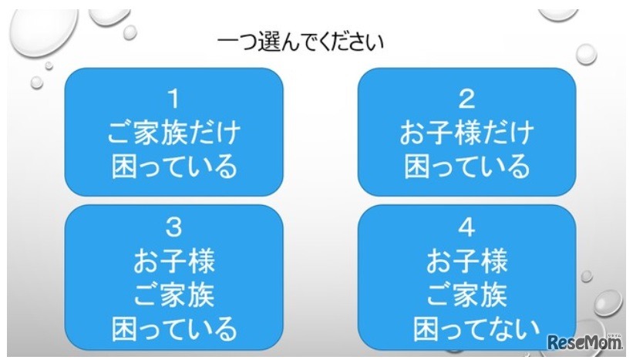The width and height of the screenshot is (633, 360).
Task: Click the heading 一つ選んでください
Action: [300, 41]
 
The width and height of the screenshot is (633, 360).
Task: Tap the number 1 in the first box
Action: [173, 99]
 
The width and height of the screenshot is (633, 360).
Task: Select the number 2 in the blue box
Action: [466, 99]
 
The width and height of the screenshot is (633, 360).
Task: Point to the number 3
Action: [173, 229]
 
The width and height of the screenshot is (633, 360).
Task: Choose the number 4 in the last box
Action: [466, 229]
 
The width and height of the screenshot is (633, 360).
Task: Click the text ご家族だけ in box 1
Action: [173, 133]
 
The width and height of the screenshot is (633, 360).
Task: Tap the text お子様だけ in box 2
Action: [466, 133]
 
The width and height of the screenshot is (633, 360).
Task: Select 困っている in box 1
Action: [173, 166]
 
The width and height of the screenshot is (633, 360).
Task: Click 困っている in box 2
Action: [466, 166]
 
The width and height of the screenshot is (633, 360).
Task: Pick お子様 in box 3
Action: [173, 262]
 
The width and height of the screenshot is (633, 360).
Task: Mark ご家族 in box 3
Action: [173, 295]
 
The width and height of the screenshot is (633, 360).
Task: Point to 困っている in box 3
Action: [173, 329]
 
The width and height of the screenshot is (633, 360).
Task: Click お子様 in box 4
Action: [466, 262]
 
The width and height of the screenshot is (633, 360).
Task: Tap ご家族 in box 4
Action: [466, 295]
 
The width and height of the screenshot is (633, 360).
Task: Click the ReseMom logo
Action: [584, 340]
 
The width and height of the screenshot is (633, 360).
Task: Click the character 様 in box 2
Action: [466, 133]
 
